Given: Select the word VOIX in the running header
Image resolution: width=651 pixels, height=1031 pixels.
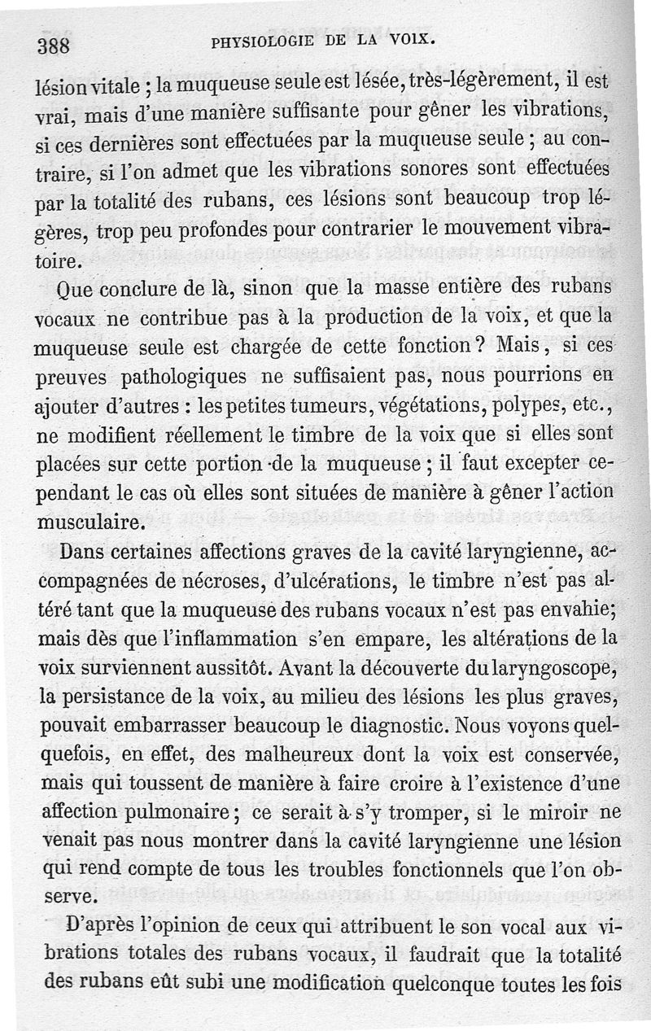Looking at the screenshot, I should (x=413, y=38).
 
